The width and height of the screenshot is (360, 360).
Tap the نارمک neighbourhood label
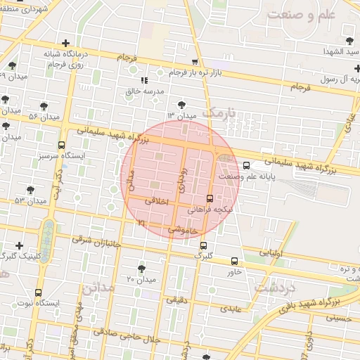pyautogui.click(x=216, y=112)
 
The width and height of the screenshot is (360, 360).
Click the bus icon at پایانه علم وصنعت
pyautogui.click(x=245, y=166)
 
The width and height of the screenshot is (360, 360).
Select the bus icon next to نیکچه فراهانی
pyautogui.click(x=210, y=198)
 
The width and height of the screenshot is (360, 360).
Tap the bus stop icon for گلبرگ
pyautogui.click(x=203, y=246)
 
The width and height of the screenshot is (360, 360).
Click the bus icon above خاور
pyautogui.click(x=234, y=261)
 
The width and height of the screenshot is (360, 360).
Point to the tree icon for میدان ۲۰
pyautogui.click(x=141, y=269)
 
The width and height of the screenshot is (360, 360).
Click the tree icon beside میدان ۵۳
pyautogui.click(x=30, y=190)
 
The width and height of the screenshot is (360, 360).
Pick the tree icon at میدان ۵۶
pyautogui.click(x=44, y=105)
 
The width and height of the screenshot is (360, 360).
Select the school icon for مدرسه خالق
pyautogui.click(x=145, y=81)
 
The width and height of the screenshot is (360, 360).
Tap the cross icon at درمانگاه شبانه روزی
pyautogui.click(x=65, y=43)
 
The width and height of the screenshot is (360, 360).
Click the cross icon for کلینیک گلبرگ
pyautogui.click(x=19, y=245)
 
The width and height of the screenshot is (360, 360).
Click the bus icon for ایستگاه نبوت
pyautogui.click(x=37, y=292)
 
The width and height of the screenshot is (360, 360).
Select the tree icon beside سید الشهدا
pyautogui.click(x=351, y=41)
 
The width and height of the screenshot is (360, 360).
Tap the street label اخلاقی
pyautogui.click(x=157, y=200)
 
